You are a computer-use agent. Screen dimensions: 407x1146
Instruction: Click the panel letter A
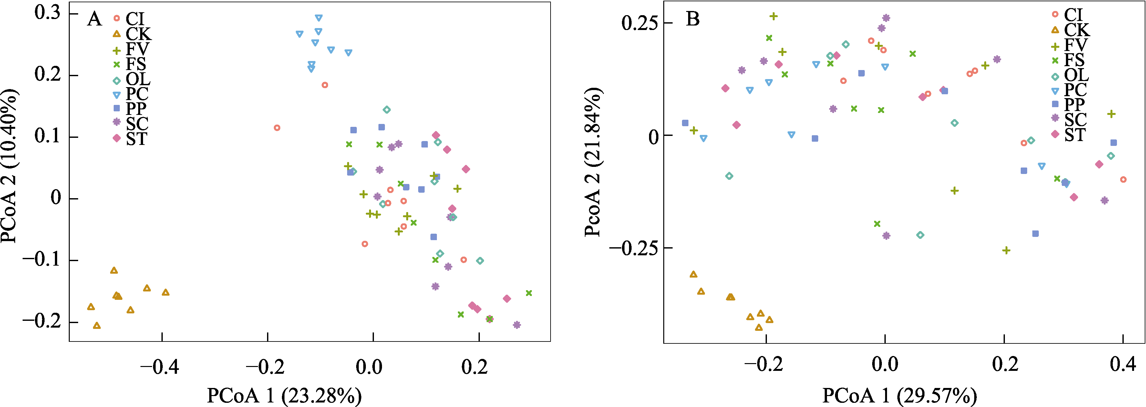point(94,19)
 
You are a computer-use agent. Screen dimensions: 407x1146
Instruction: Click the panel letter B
point(693,19)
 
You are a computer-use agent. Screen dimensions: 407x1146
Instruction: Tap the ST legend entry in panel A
point(131,139)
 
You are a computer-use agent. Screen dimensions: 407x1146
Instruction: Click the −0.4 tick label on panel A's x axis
point(159,367)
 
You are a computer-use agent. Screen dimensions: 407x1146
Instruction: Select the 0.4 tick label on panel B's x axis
point(1123,364)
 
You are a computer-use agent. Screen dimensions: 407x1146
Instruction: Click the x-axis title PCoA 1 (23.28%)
point(284,395)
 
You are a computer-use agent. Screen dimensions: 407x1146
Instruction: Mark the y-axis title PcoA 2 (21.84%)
point(593,162)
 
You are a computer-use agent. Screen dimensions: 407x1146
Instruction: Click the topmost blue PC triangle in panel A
point(318,18)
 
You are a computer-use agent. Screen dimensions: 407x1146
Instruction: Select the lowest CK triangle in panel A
point(97,326)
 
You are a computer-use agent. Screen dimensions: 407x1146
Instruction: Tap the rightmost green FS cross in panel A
point(529,293)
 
